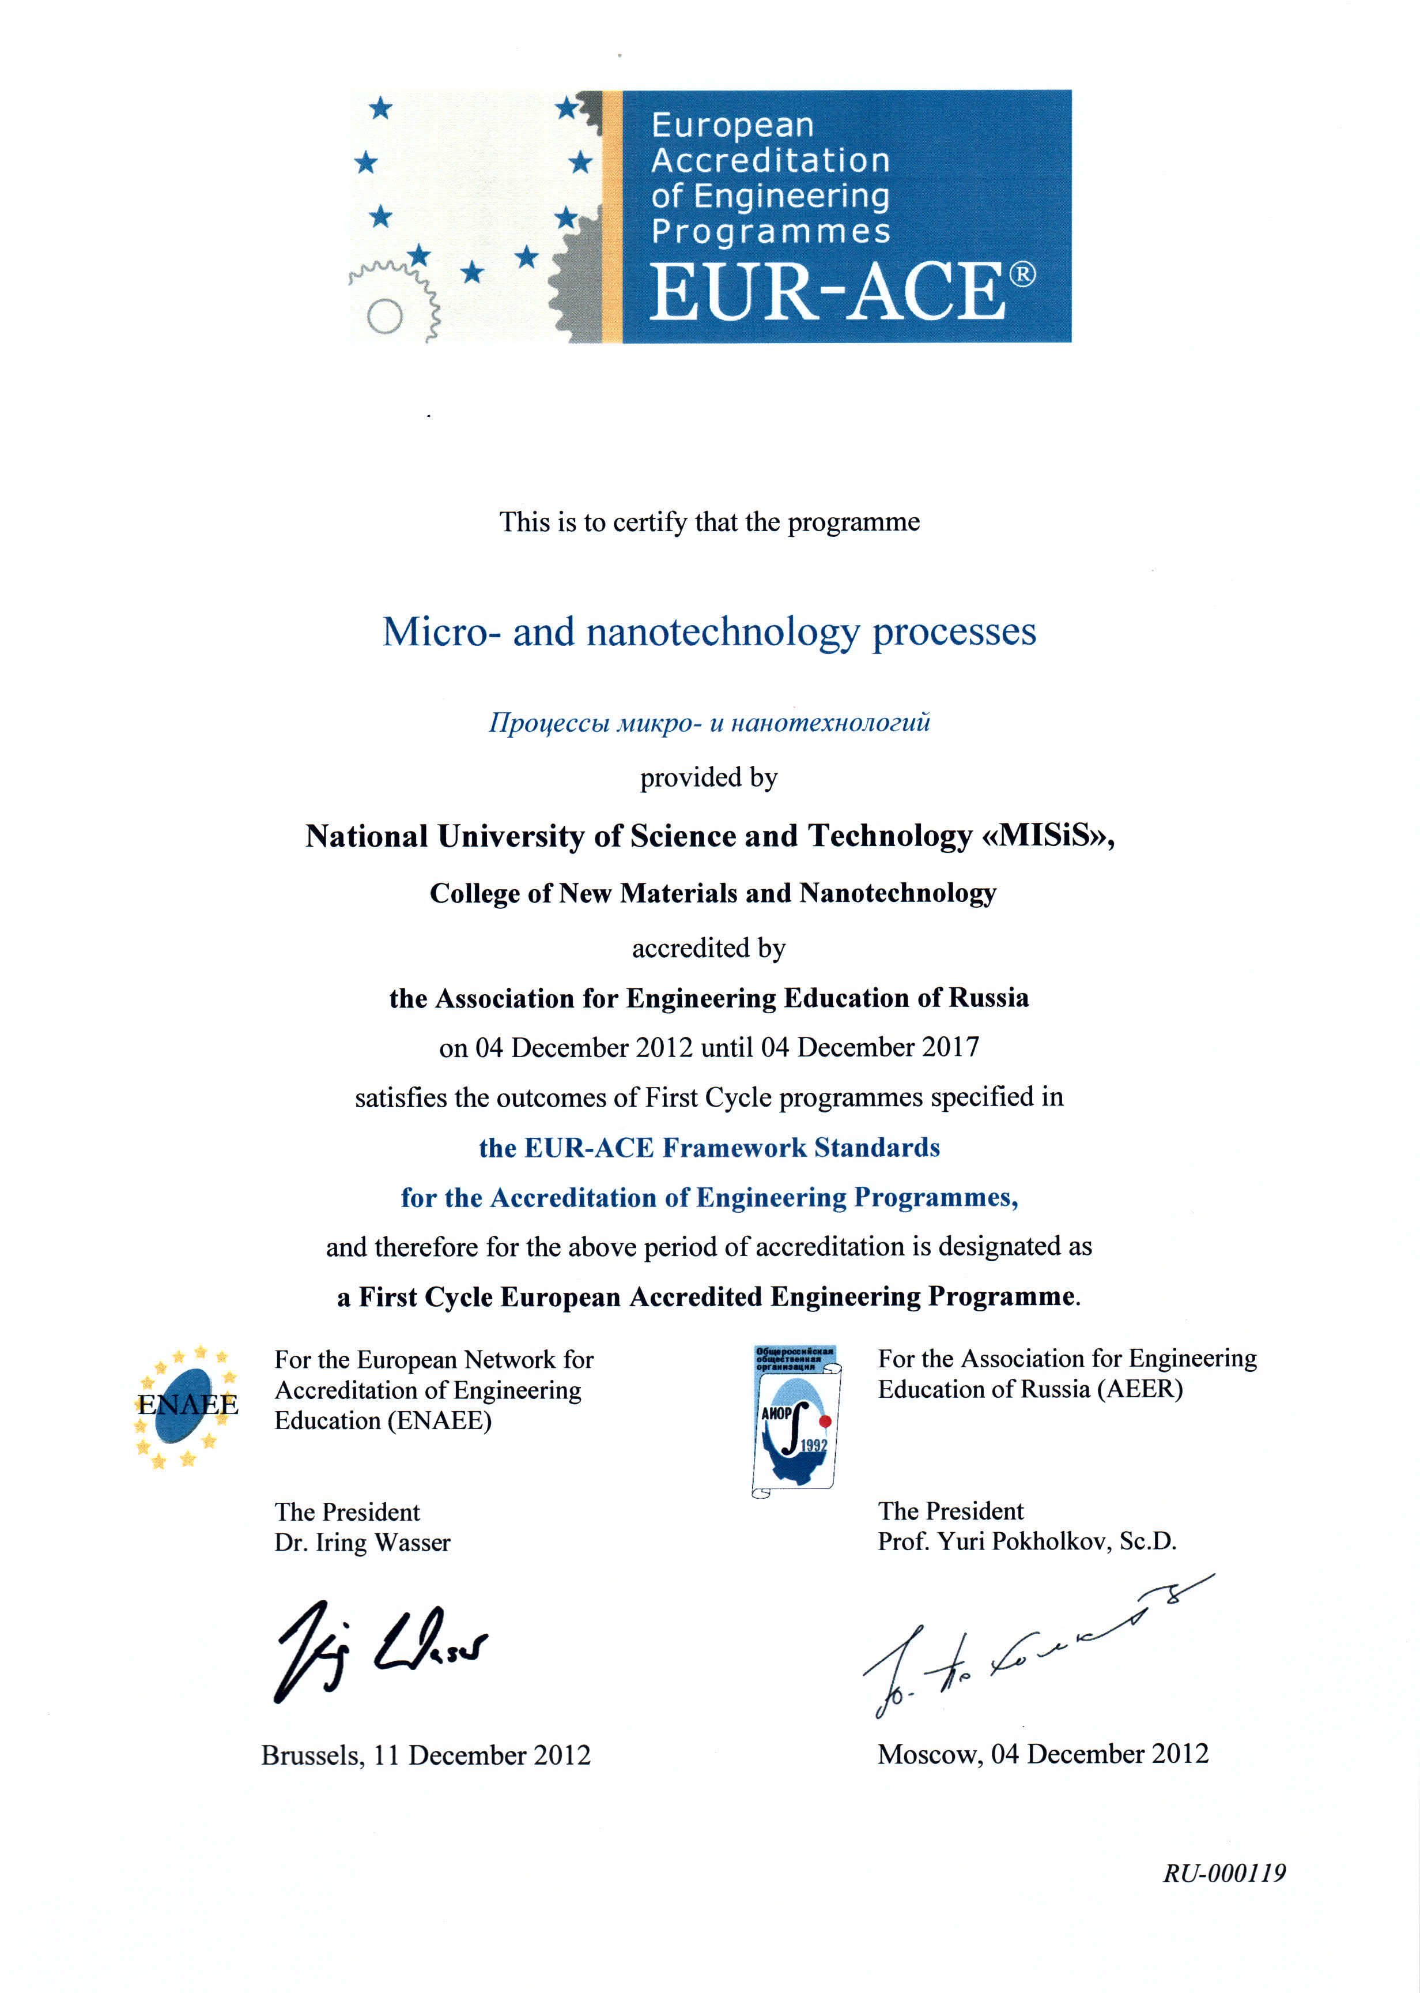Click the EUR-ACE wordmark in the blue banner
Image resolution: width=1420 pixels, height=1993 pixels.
[826, 291]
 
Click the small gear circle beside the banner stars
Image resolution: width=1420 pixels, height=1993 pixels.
[385, 316]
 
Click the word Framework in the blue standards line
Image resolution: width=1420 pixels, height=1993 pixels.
[734, 1148]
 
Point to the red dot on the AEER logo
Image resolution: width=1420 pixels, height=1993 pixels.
[825, 1421]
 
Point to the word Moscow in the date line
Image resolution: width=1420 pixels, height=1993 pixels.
[928, 1754]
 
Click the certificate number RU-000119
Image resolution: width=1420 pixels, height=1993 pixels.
[1223, 1873]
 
